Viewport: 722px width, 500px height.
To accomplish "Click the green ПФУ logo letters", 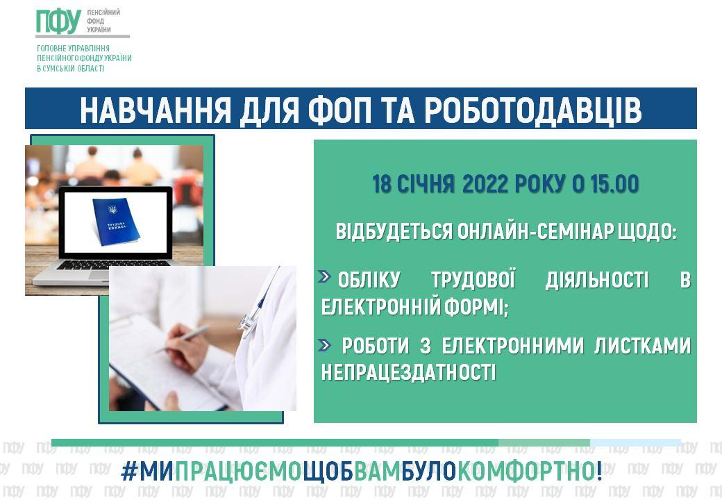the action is pyautogui.click(x=58, y=22).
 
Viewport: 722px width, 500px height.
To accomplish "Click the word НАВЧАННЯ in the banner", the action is pyautogui.click(x=156, y=110).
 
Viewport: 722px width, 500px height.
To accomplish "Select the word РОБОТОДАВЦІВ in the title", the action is pyautogui.click(x=532, y=111).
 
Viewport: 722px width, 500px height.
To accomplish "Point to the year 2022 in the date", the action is pyautogui.click(x=485, y=184).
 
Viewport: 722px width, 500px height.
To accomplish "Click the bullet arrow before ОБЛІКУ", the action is pyautogui.click(x=325, y=276).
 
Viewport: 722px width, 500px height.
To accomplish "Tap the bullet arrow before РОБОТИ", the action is pyautogui.click(x=324, y=345).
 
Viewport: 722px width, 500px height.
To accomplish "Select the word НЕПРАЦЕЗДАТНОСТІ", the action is pyautogui.click(x=408, y=372).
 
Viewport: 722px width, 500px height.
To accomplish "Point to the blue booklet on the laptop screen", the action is pyautogui.click(x=115, y=221).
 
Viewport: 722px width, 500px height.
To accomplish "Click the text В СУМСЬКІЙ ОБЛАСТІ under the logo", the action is pyautogui.click(x=70, y=69).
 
